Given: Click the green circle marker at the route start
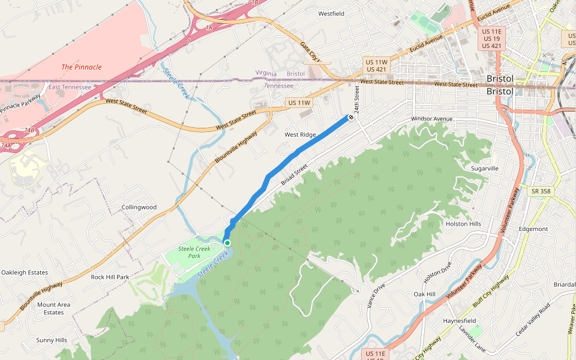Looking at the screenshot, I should tap(227, 242).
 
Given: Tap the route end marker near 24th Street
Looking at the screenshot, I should tap(350, 117).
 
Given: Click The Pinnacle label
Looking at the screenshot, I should tap(82, 67).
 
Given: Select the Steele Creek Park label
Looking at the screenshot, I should tap(190, 252).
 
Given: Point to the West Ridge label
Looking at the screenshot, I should tap(300, 135).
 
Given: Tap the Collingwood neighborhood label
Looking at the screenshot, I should tap(139, 207).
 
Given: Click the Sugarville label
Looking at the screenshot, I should tap(485, 169).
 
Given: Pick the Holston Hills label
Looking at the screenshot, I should tap(463, 224).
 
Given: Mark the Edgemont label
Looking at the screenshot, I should tap(533, 229).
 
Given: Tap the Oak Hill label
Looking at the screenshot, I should tap(424, 295).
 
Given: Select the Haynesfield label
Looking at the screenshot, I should tap(460, 321).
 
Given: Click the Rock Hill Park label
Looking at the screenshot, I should tap(110, 277).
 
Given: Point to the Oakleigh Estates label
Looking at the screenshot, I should tap(25, 272).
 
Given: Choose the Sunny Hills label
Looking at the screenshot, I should tap(52, 340).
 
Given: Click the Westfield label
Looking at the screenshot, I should tap(331, 13).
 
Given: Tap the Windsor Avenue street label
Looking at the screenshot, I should tap(431, 119).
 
